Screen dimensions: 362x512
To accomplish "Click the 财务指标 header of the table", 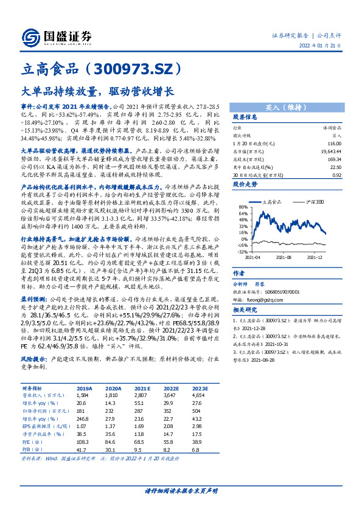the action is pos(33,387).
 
